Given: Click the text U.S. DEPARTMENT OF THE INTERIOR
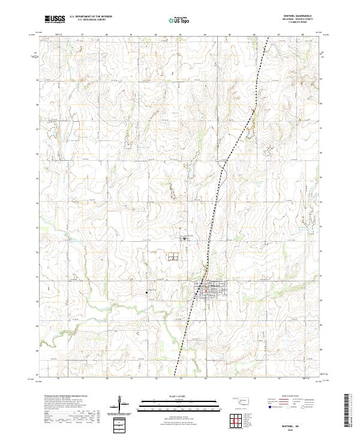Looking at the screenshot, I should (90, 16).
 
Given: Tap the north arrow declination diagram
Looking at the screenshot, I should (119, 403).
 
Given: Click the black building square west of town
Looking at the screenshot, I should (146, 292).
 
